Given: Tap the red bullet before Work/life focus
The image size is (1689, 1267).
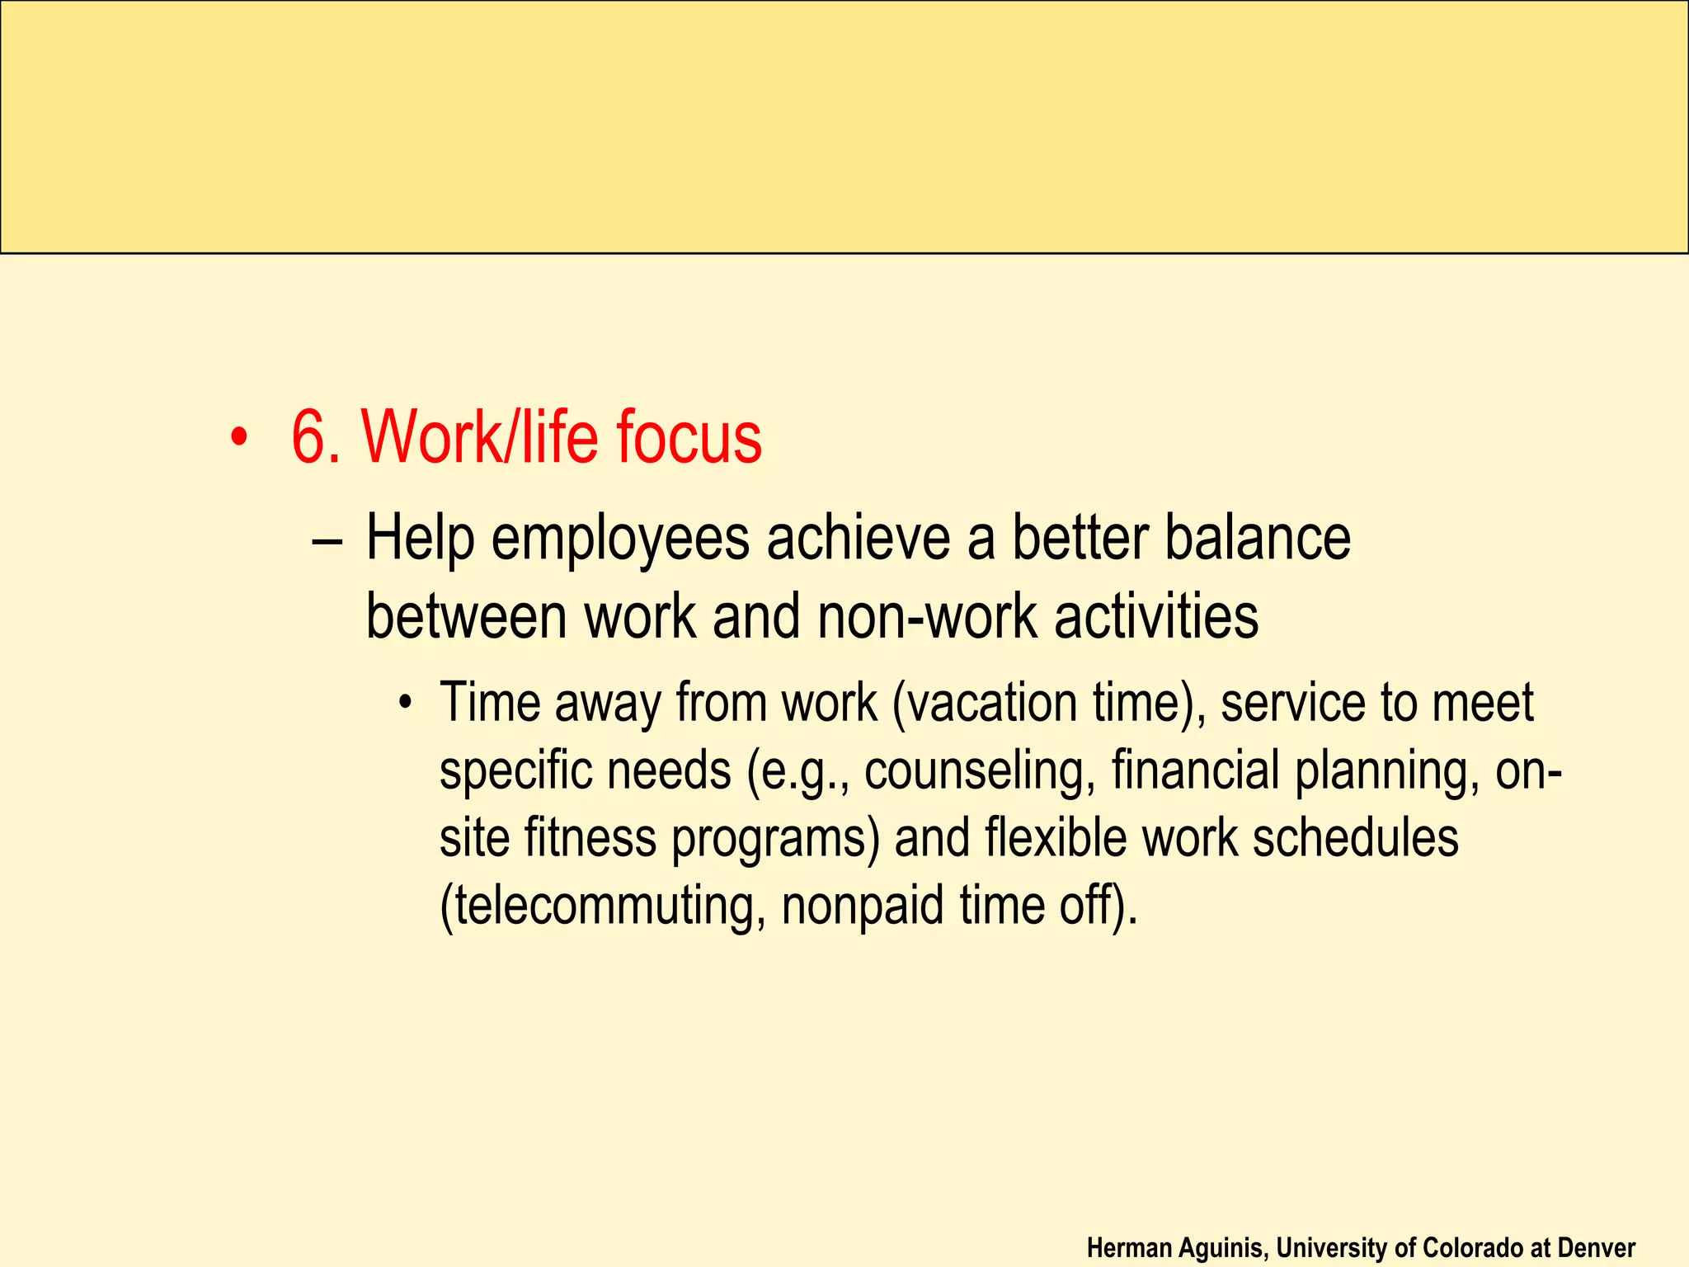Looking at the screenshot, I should point(238,439).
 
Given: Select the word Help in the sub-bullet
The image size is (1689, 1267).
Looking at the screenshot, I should point(419,539).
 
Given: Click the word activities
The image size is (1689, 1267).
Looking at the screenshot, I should point(1156,617).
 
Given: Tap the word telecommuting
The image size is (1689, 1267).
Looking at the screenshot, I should point(604,906).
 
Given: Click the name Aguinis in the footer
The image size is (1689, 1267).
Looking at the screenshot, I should point(1220,1248).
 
